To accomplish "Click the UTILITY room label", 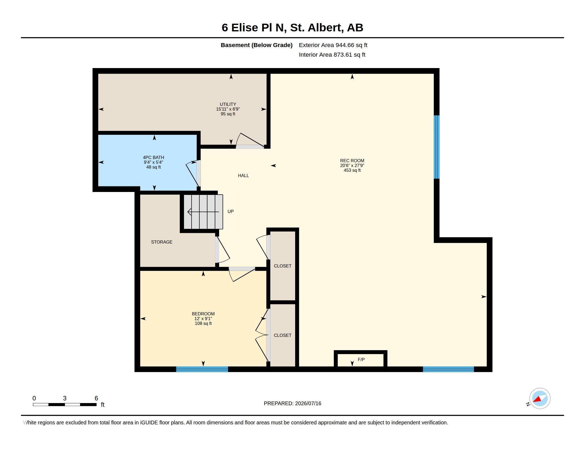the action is (x=228, y=104).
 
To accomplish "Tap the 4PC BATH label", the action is (x=153, y=157).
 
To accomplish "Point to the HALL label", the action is (x=243, y=176).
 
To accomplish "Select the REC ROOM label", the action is (x=352, y=161).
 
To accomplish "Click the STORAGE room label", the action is (x=161, y=242).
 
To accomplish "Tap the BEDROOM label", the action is (x=203, y=314).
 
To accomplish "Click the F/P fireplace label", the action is (x=361, y=360).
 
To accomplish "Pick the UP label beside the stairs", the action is (x=230, y=212).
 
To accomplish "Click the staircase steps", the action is (x=203, y=212).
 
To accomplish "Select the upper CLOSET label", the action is (x=283, y=266).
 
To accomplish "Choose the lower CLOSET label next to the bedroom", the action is (x=283, y=335).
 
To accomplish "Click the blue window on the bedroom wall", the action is (x=202, y=369).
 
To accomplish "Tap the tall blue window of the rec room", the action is (x=437, y=147).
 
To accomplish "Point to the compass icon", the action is (x=540, y=399).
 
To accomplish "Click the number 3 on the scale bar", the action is (x=65, y=398).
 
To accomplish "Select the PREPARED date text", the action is (x=292, y=403).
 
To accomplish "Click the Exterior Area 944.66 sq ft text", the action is (x=333, y=45).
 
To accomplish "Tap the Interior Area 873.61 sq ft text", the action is (x=332, y=55).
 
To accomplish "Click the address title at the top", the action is (x=292, y=27).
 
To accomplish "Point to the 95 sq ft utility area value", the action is (x=228, y=114).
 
